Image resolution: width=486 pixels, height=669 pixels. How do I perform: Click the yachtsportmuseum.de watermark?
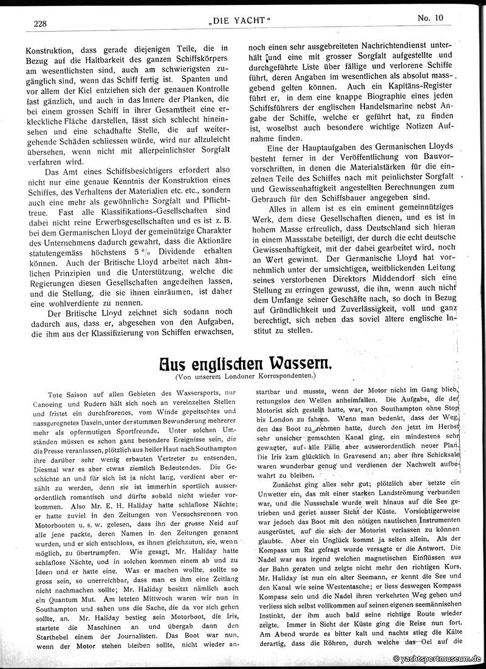437,658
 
